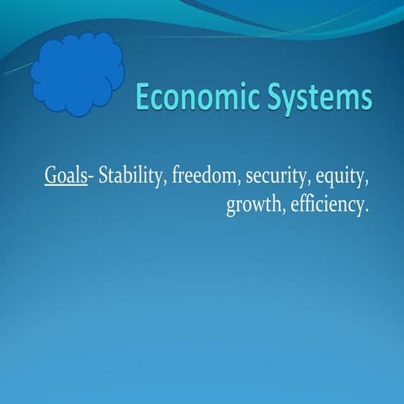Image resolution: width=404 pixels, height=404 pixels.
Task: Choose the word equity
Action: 344,178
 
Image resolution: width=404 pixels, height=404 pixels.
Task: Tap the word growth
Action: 255,206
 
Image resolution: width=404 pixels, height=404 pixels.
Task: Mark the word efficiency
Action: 329,205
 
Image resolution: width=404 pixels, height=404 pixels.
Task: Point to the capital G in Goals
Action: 52,178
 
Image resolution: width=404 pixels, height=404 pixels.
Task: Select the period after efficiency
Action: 368,211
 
